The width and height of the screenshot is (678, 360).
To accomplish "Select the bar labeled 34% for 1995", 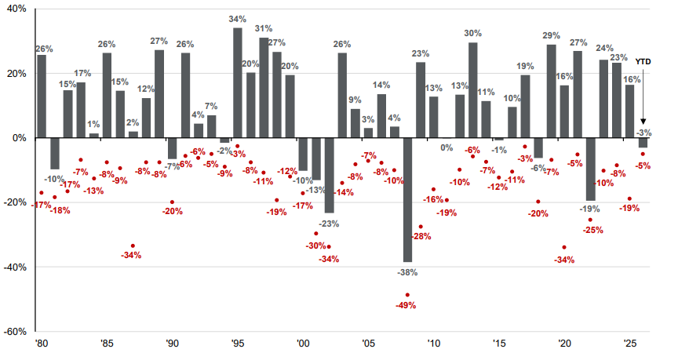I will [x=238, y=82].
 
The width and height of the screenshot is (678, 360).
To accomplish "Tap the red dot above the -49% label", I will [x=407, y=295].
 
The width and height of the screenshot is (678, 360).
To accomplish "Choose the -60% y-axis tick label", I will [x=15, y=331].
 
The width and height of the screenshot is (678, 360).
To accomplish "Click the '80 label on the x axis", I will [x=41, y=344].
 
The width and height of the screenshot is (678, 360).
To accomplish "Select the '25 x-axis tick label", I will [x=629, y=344].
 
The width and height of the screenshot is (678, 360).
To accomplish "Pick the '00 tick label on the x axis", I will [x=303, y=344].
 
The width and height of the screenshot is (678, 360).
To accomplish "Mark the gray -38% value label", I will [x=407, y=272].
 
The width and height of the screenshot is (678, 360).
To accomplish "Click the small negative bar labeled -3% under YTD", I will [x=643, y=143].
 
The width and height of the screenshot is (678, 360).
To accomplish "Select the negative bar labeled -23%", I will [x=329, y=175].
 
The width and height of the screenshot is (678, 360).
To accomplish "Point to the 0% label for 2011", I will [x=447, y=147].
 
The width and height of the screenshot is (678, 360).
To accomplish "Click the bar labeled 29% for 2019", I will [x=552, y=91].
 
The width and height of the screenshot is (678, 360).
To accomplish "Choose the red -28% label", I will [x=422, y=237].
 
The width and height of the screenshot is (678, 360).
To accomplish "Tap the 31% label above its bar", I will [x=264, y=29].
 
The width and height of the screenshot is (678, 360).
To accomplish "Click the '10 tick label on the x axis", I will [x=433, y=344].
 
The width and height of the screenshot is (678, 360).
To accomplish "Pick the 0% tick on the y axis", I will [x=18, y=138].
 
